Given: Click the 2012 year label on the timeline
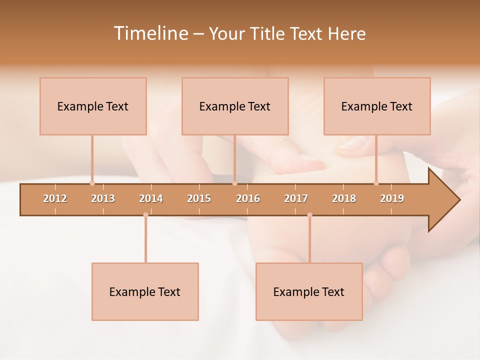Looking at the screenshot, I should tap(55, 198).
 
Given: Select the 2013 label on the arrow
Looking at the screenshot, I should tap(103, 198).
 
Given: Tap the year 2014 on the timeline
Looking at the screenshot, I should tap(151, 198).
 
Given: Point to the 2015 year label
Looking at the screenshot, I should tap(199, 198).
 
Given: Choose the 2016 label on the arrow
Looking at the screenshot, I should tap(248, 198).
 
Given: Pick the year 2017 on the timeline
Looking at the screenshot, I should tap(296, 198).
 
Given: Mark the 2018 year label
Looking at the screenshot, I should tap(344, 198).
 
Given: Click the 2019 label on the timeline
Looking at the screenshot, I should tap(392, 198).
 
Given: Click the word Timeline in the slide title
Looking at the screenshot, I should tap(150, 33).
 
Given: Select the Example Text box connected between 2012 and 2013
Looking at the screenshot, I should tap(93, 106).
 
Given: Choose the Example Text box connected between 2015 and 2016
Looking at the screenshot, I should tap(235, 106).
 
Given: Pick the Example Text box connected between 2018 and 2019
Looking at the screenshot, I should tap(377, 106).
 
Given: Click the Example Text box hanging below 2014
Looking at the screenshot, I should tap(145, 291).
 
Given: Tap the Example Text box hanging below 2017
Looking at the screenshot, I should tap(309, 291).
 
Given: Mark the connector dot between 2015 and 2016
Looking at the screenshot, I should tap(234, 183).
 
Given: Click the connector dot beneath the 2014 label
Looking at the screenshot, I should tap(145, 215).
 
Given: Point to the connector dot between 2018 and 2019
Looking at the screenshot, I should tap(376, 183).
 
